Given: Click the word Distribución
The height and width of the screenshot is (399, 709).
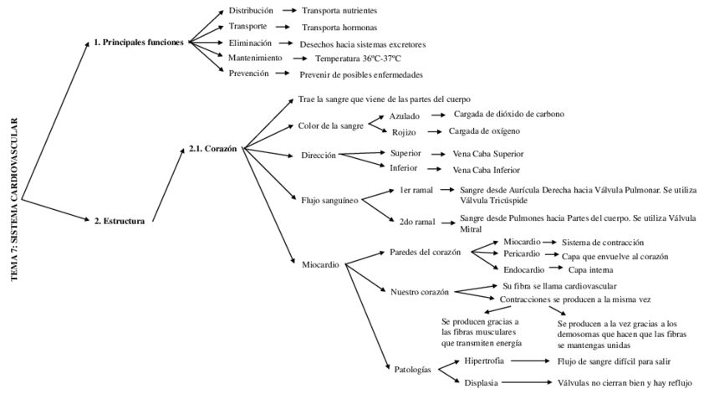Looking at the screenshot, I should click(250, 11).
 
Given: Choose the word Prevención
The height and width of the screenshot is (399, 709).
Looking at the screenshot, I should click(248, 74).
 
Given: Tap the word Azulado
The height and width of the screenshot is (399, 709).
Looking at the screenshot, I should click(405, 115).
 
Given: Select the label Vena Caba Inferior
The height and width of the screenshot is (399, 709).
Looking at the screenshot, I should click(487, 170).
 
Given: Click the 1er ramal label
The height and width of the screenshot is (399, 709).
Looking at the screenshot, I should click(416, 192).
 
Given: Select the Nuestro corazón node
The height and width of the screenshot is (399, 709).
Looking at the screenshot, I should click(420, 292).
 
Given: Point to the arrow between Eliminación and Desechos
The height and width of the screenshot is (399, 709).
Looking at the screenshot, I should click(285, 43).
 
